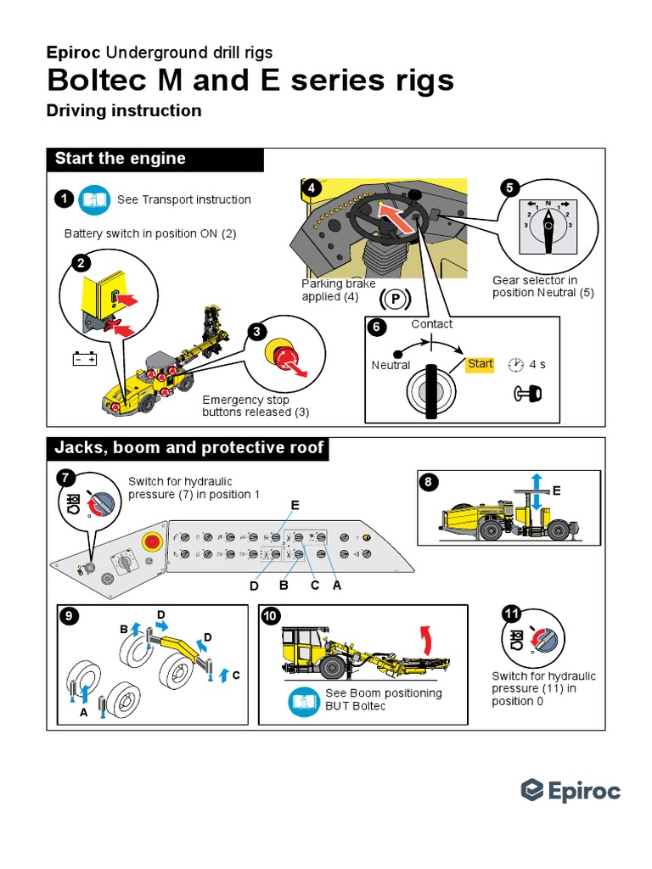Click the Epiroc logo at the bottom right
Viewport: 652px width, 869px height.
570,790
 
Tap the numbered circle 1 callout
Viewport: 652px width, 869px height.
64,199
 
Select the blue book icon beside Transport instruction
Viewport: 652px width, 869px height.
94,199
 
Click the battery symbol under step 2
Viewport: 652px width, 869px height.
85,359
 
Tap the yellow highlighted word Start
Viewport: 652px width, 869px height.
480,364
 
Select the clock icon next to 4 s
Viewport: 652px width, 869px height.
515,365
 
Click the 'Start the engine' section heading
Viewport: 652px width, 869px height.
120,160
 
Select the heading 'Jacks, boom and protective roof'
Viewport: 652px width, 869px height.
188,448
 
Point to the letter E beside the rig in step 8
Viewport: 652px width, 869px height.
557,491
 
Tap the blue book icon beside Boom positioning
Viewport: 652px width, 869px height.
304,700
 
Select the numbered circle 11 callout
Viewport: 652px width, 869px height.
511,614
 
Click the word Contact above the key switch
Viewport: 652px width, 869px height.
432,324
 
